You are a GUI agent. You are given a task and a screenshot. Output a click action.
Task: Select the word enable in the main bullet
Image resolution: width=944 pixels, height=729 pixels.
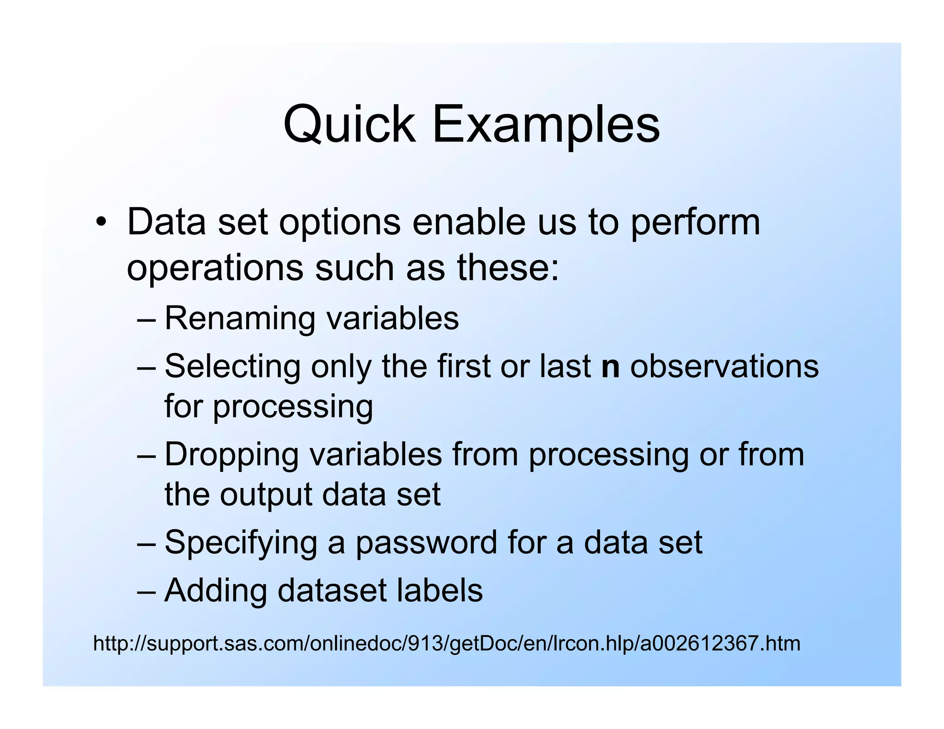pyautogui.click(x=468, y=222)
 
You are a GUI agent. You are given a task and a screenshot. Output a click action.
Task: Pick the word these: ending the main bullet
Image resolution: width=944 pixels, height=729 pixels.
pyautogui.click(x=508, y=268)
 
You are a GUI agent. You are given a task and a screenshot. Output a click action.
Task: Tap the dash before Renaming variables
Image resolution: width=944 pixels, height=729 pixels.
pyautogui.click(x=147, y=319)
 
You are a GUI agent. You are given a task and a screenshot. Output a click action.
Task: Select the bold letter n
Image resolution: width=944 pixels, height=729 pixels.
pyautogui.click(x=610, y=368)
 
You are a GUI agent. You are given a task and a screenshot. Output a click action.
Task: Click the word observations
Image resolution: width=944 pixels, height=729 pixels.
pyautogui.click(x=724, y=367)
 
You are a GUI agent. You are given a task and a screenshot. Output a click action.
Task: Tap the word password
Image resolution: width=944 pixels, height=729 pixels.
pyautogui.click(x=426, y=543)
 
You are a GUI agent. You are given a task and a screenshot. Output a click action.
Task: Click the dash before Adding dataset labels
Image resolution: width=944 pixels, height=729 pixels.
pyautogui.click(x=147, y=592)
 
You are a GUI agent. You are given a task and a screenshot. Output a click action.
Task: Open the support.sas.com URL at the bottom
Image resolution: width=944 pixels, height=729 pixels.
pyautogui.click(x=446, y=643)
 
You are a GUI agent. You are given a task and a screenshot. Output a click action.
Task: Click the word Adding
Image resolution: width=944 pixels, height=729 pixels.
pyautogui.click(x=215, y=591)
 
